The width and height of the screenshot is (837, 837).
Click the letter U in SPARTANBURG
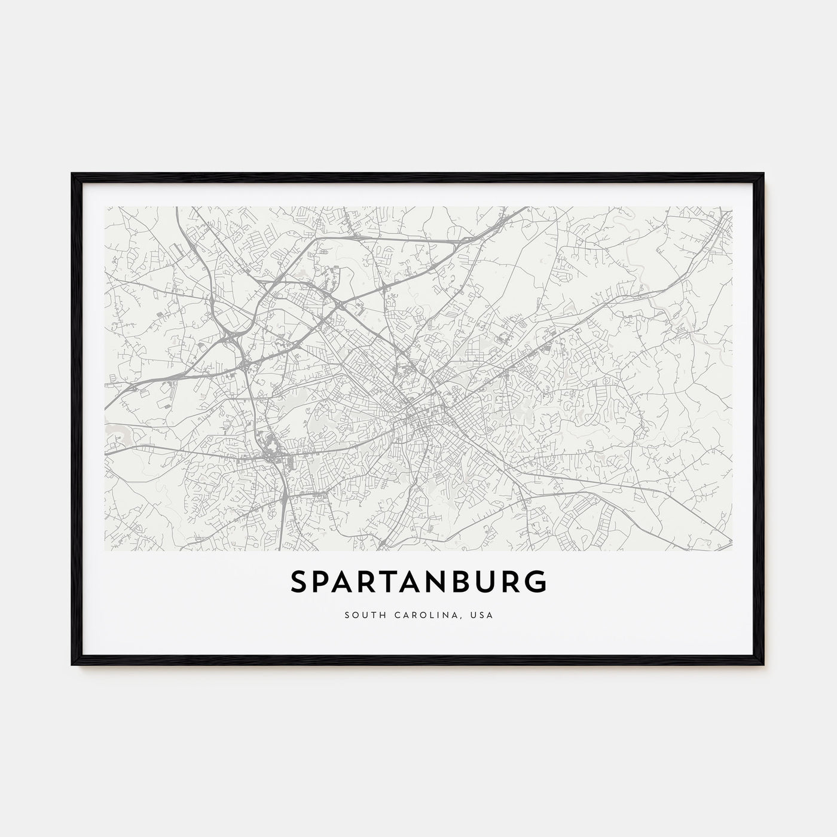click(x=487, y=582)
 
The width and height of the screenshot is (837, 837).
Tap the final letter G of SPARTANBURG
click(x=536, y=582)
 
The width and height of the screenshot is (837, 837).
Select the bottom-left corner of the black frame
click(x=72, y=665)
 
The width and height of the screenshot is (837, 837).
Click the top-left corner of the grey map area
click(x=105, y=207)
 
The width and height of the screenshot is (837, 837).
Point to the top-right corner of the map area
click(x=732, y=207)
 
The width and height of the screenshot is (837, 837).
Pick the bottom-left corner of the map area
click(x=105, y=549)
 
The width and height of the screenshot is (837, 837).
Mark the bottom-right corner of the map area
click(x=732, y=549)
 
